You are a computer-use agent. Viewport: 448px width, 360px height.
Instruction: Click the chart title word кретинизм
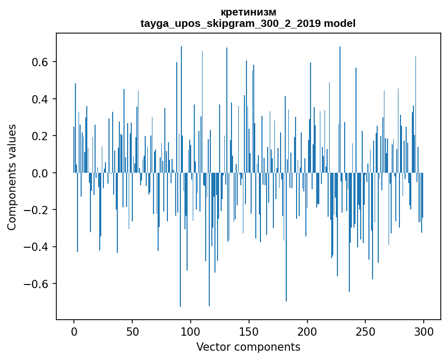tap(248, 12)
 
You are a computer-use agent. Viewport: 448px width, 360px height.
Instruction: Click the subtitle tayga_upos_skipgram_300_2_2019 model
tap(248, 23)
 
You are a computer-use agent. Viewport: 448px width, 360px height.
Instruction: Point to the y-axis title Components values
tap(12, 177)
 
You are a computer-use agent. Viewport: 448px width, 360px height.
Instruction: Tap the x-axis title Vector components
tap(248, 347)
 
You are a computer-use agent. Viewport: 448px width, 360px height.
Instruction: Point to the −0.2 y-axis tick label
tap(36, 210)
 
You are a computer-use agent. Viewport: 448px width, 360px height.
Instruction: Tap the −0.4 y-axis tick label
tap(36, 247)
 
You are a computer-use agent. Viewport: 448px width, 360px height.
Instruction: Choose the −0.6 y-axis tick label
tap(36, 284)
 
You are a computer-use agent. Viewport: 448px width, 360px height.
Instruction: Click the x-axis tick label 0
tap(74, 331)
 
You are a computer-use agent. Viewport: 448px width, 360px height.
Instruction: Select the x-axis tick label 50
tap(132, 331)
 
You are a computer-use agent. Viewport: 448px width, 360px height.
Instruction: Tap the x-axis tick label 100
tap(191, 331)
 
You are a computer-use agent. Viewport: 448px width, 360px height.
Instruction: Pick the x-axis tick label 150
tap(249, 331)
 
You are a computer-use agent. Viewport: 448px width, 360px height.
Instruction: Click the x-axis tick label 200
tap(307, 331)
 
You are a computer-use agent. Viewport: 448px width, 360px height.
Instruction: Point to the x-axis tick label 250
tap(365, 331)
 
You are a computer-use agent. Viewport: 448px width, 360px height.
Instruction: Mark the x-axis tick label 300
tap(424, 331)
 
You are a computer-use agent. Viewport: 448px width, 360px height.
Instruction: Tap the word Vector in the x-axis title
tap(212, 347)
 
